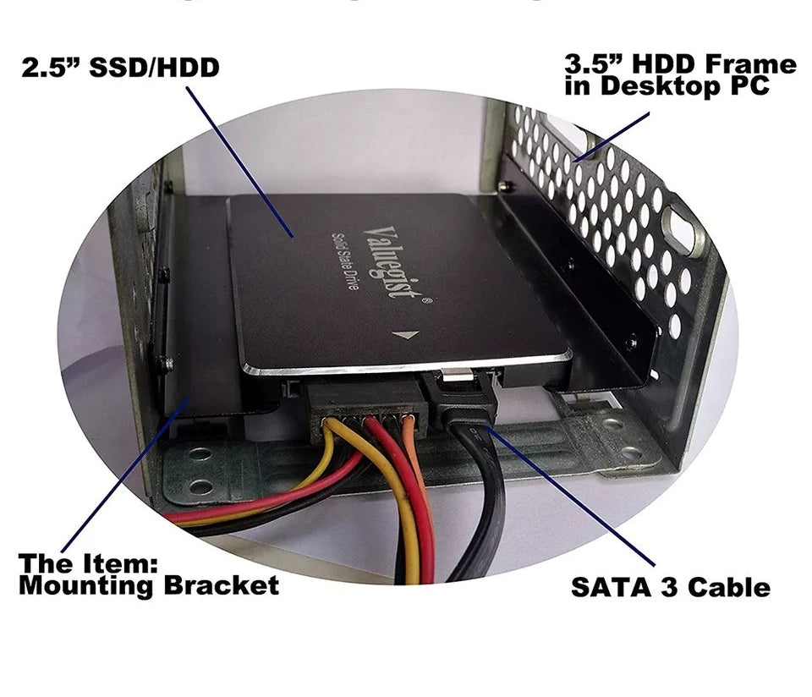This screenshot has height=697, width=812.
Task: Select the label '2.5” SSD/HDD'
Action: tap(120, 67)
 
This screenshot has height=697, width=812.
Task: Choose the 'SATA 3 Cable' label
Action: tap(670, 587)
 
